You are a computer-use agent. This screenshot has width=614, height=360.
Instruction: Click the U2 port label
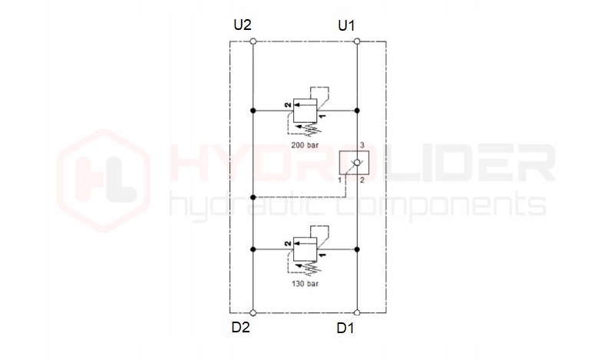click(x=243, y=25)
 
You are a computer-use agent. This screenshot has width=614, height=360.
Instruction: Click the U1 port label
click(x=347, y=25)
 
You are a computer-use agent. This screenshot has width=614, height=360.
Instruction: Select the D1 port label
click(x=346, y=329)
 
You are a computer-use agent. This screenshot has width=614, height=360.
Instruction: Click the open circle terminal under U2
click(x=253, y=41)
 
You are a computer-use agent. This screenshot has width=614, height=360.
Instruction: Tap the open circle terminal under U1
click(x=357, y=41)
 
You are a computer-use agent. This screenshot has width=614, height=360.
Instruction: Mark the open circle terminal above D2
click(x=253, y=312)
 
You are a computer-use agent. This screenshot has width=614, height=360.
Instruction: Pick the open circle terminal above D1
click(x=357, y=312)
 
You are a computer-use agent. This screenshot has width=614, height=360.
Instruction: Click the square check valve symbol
click(x=356, y=163)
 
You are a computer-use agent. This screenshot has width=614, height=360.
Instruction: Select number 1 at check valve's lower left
click(x=340, y=180)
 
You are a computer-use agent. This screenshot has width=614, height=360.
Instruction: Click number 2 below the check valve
click(x=362, y=180)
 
